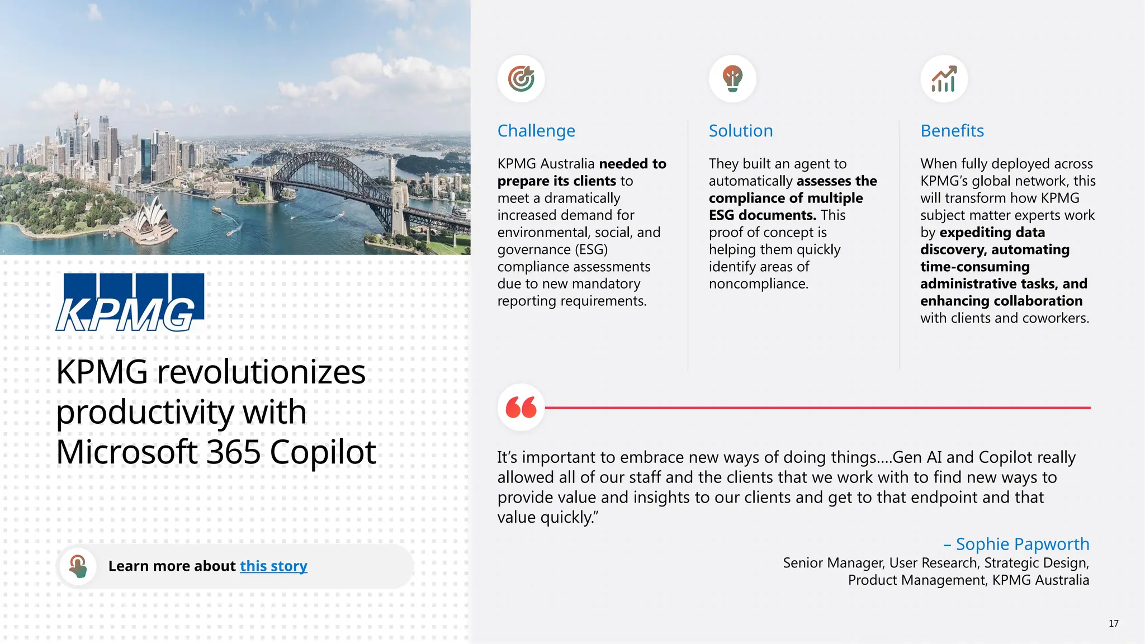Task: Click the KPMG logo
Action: click(x=130, y=302)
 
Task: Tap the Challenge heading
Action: click(x=536, y=131)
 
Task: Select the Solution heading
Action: click(x=741, y=131)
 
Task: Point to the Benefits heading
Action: click(x=952, y=131)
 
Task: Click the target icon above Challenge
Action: click(x=521, y=79)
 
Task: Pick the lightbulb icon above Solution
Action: click(x=732, y=79)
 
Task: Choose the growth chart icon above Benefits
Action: click(x=944, y=79)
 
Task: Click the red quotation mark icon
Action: click(x=521, y=407)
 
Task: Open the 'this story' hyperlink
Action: click(x=273, y=566)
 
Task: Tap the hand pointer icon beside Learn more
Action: click(x=78, y=566)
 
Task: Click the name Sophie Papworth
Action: click(x=1022, y=544)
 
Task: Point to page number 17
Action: click(x=1113, y=623)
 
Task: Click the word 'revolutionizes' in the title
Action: click(x=261, y=372)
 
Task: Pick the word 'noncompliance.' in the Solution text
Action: click(x=758, y=284)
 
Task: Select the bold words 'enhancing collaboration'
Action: click(x=1001, y=301)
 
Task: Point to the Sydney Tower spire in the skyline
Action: click(x=76, y=119)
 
